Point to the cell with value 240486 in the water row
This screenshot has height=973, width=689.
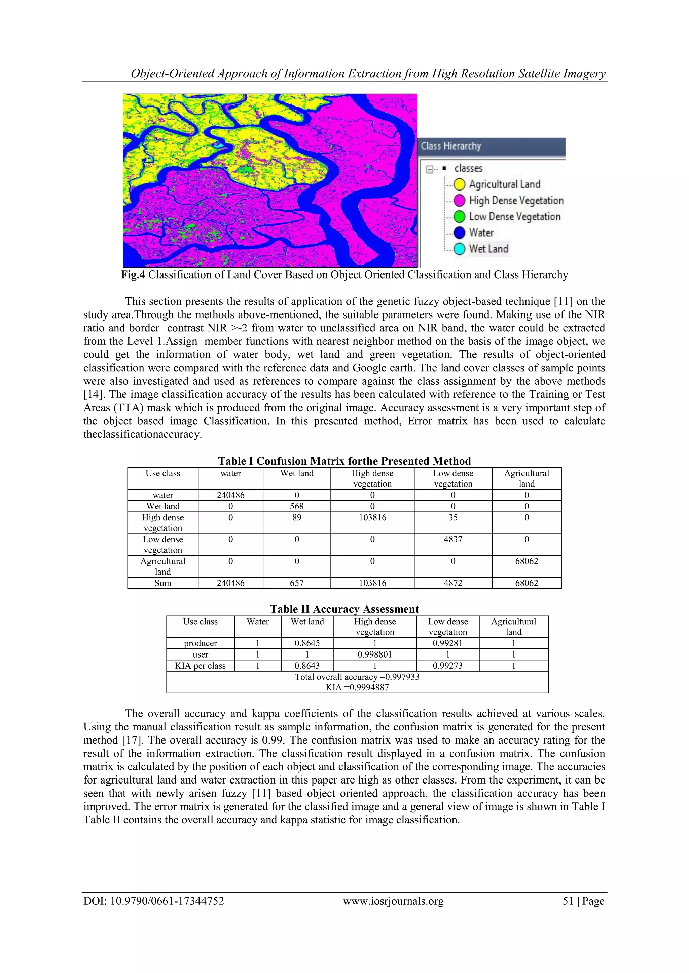click(230, 495)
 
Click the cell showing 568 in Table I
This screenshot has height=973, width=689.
click(296, 506)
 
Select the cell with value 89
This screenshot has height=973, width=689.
click(296, 517)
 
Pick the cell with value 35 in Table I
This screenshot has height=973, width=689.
click(453, 517)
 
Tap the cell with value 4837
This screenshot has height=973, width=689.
click(453, 540)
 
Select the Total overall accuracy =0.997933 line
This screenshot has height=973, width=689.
click(357, 677)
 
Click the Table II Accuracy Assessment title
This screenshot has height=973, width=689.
click(344, 609)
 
